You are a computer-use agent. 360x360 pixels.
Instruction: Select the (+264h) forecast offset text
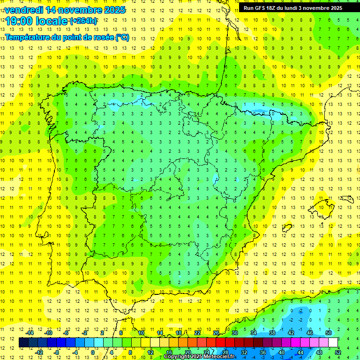click(x=83, y=21)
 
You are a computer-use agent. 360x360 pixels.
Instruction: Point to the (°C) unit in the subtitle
click(x=122, y=37)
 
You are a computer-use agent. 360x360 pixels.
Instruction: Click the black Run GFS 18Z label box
click(x=292, y=7)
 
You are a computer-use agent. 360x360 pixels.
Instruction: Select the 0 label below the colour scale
click(x=93, y=352)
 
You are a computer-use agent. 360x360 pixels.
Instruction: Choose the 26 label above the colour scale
click(x=216, y=333)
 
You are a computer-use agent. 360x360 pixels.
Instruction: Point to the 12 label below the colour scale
click(x=150, y=352)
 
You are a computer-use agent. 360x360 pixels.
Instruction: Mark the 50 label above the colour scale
click(x=328, y=333)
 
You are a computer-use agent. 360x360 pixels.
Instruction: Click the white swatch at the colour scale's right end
click(x=333, y=343)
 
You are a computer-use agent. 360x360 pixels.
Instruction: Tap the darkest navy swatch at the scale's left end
click(x=23, y=343)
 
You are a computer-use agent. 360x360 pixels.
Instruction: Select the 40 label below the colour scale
click(x=281, y=352)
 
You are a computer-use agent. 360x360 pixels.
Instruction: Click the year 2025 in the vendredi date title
click(x=113, y=10)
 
